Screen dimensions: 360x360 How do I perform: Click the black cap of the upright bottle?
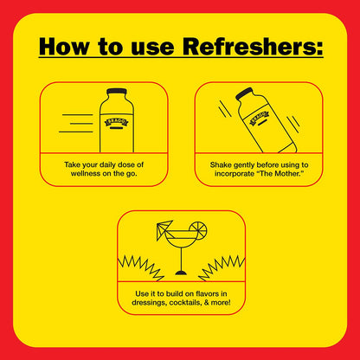coord(117,92)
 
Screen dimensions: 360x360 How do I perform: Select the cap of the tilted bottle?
coord(244,93)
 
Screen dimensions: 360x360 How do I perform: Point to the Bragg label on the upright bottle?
coord(117,122)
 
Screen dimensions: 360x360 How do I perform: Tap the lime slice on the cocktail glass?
coord(198,230)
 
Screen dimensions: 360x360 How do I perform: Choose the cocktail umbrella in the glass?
coord(164,230)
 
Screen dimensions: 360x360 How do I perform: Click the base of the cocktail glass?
coord(181,273)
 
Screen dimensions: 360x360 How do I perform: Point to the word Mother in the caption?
coord(287,174)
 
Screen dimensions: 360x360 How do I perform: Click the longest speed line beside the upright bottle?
coord(76,132)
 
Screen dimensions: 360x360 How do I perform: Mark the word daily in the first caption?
coord(106,165)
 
